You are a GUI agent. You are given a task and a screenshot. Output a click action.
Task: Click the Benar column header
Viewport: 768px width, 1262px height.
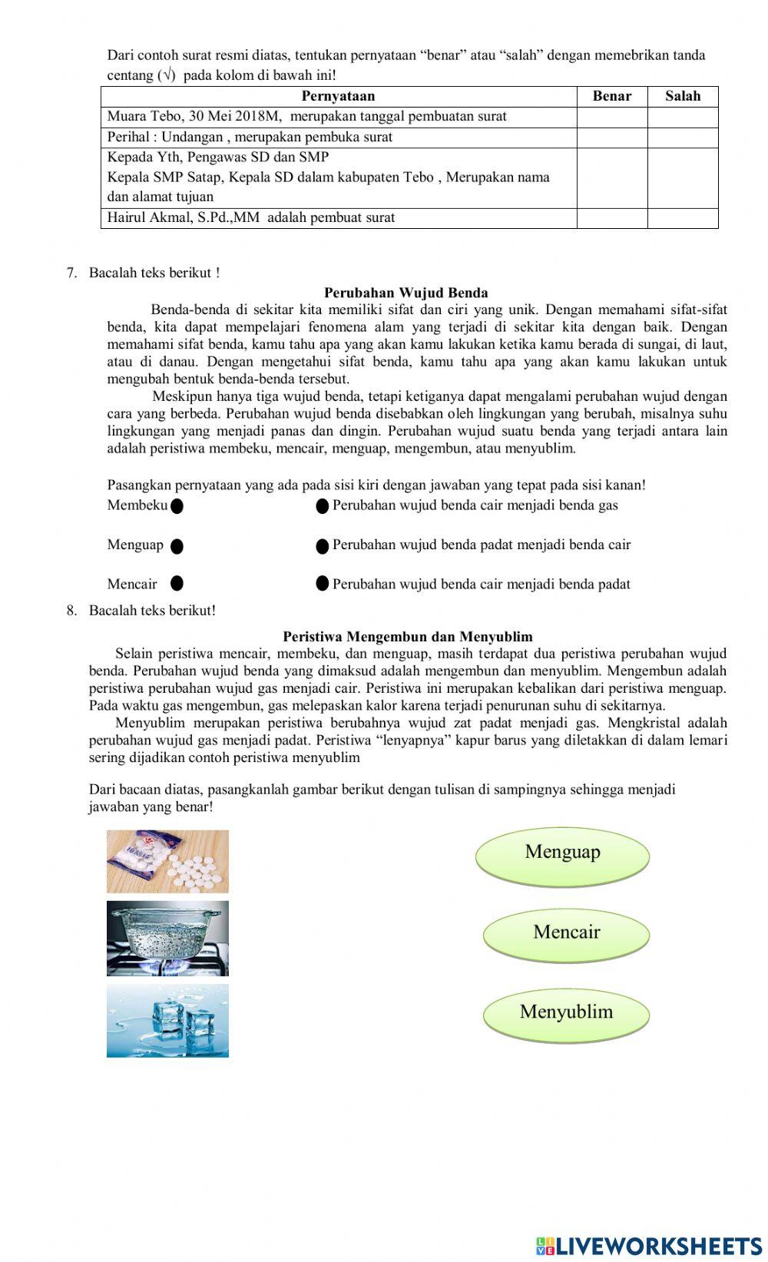(x=611, y=96)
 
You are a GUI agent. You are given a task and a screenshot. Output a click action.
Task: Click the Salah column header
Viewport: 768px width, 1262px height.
(x=682, y=96)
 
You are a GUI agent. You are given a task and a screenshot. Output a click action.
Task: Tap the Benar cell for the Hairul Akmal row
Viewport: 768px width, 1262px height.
(x=611, y=218)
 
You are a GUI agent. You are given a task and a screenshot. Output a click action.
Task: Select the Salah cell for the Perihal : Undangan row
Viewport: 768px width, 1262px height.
(x=682, y=137)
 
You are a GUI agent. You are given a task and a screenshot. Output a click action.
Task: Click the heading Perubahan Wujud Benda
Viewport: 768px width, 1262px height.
(x=406, y=293)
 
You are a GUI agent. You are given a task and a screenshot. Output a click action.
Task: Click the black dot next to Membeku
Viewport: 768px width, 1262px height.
(x=177, y=506)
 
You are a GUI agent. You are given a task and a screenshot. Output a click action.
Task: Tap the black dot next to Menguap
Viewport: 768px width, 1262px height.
(x=177, y=546)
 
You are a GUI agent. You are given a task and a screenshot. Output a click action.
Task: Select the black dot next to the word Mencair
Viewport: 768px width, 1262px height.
(x=177, y=584)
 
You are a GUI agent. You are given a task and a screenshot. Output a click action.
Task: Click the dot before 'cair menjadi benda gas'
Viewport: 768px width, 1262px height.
(x=323, y=505)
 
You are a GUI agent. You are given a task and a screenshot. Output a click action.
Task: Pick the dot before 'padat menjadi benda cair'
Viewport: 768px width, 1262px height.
(x=323, y=545)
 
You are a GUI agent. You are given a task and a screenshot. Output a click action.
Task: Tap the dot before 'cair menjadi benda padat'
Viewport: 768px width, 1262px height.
(x=323, y=584)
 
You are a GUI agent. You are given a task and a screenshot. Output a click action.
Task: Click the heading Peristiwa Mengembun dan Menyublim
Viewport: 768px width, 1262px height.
(x=407, y=637)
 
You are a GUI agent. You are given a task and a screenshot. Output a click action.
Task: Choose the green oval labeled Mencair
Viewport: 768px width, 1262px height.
(x=567, y=933)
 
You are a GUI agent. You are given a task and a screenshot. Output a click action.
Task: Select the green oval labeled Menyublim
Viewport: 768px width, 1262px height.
(x=567, y=1013)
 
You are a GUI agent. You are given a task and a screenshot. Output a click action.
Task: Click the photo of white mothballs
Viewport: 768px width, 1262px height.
(x=167, y=861)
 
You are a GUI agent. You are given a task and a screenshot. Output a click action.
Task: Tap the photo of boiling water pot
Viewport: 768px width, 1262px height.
(x=167, y=939)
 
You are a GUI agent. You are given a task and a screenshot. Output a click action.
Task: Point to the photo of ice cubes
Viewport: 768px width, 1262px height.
(x=167, y=1021)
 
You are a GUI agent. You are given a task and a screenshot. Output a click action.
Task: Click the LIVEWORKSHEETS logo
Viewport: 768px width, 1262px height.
(x=649, y=1245)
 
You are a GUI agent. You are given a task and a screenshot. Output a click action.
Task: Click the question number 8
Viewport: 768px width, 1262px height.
(x=71, y=611)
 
